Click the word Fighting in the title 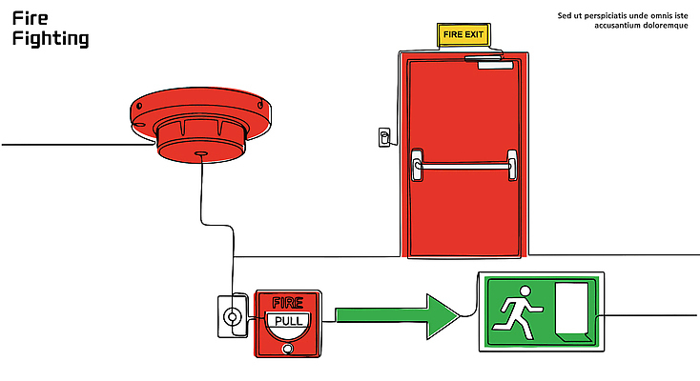pos(51,39)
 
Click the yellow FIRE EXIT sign pos(463,35)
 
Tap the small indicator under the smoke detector pos(199,152)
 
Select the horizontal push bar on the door pos(463,166)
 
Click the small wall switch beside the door pos(384,137)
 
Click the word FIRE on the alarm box pos(288,302)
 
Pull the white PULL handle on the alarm pos(288,320)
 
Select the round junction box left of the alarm pos(231,315)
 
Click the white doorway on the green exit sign pos(573,310)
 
